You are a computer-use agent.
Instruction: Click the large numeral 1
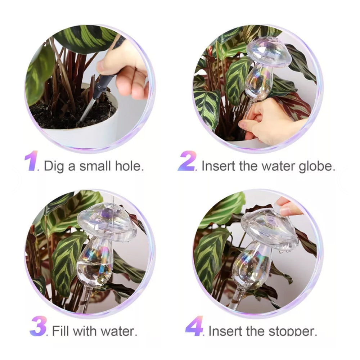32,161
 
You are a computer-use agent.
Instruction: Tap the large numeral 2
187,161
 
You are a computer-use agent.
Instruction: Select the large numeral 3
38,326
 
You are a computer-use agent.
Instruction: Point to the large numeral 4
194,326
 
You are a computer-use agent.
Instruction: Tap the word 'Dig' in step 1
54,166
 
